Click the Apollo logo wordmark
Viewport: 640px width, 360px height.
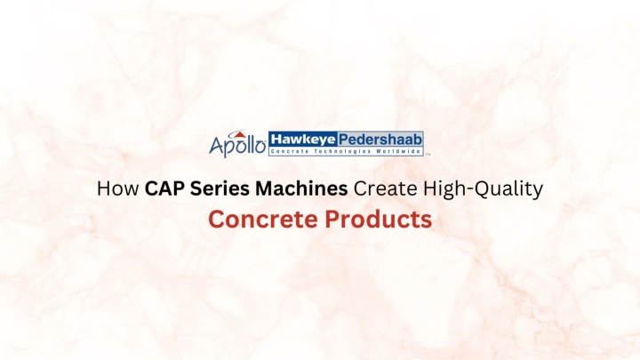pos(237,145)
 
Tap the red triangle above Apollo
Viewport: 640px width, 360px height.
pos(240,135)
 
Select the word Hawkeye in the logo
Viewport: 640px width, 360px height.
pos(303,140)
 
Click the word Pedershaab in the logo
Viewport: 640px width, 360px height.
pos(380,140)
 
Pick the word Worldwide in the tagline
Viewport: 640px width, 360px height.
pos(398,151)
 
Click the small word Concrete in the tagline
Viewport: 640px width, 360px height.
pos(290,151)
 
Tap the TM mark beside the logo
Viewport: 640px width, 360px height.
pos(428,155)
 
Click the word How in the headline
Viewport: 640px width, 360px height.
pos(117,188)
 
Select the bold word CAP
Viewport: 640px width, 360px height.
pos(164,188)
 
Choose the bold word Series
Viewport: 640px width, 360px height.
pos(220,188)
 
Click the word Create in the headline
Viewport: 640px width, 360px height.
pos(385,188)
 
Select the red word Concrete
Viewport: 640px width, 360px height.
pos(263,220)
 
